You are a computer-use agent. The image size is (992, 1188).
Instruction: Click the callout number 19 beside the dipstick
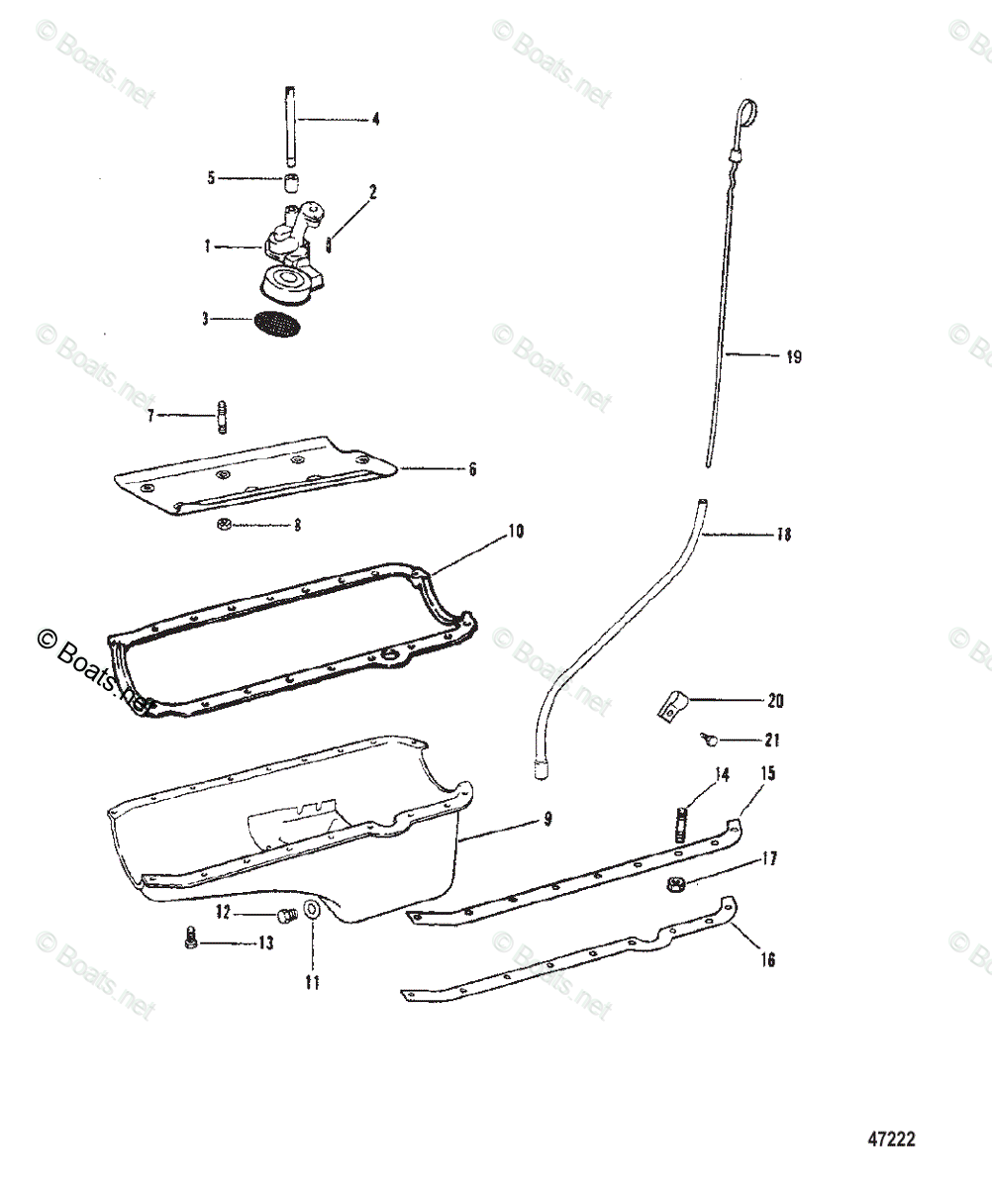tap(793, 357)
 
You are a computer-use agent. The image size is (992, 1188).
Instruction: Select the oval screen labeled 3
tap(276, 324)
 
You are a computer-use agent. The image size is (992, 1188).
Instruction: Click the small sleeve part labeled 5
tap(293, 181)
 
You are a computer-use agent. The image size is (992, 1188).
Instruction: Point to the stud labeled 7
tap(222, 415)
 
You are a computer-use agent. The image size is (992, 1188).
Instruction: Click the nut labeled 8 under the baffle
tap(224, 525)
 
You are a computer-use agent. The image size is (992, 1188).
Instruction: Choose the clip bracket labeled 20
tap(670, 706)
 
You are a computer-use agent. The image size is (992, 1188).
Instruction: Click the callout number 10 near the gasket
tap(515, 532)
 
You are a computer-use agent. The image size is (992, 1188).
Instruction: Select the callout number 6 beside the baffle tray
tap(473, 469)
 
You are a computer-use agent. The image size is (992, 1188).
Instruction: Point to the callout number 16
tap(768, 959)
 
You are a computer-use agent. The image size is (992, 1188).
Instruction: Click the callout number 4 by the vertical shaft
tap(375, 119)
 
